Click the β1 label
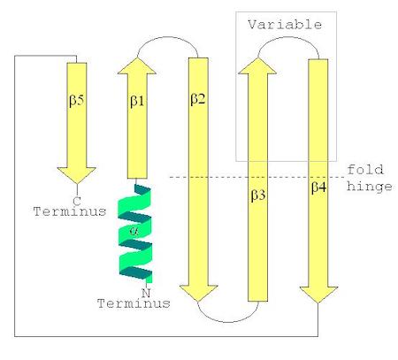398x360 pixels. tap(137, 101)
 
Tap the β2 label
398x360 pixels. tap(198, 99)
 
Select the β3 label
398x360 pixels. tap(258, 195)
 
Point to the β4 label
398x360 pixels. tap(319, 188)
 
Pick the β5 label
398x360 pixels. tap(77, 101)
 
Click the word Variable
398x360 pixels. tap(285, 25)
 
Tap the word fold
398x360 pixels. tap(365, 170)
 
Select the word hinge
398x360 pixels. tap(370, 188)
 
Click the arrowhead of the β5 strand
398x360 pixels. tap(77, 175)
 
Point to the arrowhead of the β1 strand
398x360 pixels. tap(137, 65)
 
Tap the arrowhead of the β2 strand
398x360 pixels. tap(198, 294)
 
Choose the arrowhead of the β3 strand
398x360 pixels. tap(257, 65)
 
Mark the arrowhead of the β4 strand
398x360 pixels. tap(318, 295)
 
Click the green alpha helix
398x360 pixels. tap(135, 234)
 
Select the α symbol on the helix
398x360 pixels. tap(134, 231)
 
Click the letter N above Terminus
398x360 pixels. tap(146, 293)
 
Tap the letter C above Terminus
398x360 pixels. tap(77, 201)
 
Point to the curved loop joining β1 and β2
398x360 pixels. tap(167, 37)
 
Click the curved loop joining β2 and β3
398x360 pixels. tap(228, 322)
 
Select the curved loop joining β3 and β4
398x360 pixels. tap(288, 37)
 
